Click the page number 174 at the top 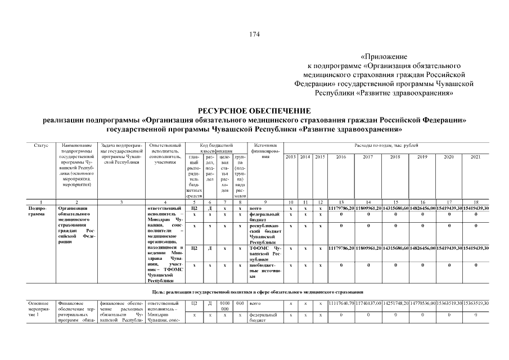click(x=254, y=34)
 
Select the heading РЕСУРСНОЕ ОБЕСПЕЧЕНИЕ click(x=254, y=110)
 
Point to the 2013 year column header click(x=291, y=157)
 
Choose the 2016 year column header click(x=341, y=157)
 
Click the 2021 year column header click(x=476, y=157)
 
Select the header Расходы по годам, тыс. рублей click(x=386, y=146)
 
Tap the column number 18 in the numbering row click(x=476, y=201)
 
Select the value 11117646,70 click(x=341, y=303)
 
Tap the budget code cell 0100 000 click(x=224, y=306)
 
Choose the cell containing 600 click(x=239, y=303)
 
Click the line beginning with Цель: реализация click(x=254, y=291)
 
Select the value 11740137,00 click(x=368, y=303)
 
